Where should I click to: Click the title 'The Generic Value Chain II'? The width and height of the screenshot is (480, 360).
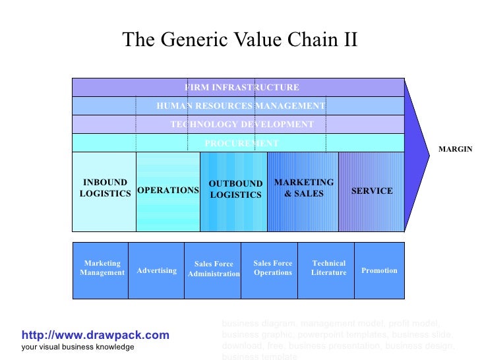[239, 40]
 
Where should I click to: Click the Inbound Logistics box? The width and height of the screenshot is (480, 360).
[104, 191]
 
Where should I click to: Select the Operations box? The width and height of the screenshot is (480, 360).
[167, 191]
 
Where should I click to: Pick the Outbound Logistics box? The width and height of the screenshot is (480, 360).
[234, 191]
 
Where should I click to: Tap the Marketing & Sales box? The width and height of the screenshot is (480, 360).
[303, 191]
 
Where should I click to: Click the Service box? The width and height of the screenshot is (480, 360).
[371, 191]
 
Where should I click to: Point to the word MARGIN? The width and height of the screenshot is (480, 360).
[455, 150]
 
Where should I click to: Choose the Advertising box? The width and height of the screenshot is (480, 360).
[156, 270]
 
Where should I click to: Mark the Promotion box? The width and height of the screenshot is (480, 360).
[379, 270]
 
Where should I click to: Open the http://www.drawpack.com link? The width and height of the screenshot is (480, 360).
[95, 336]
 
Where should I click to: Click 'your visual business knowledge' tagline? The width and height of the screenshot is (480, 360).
[77, 347]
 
